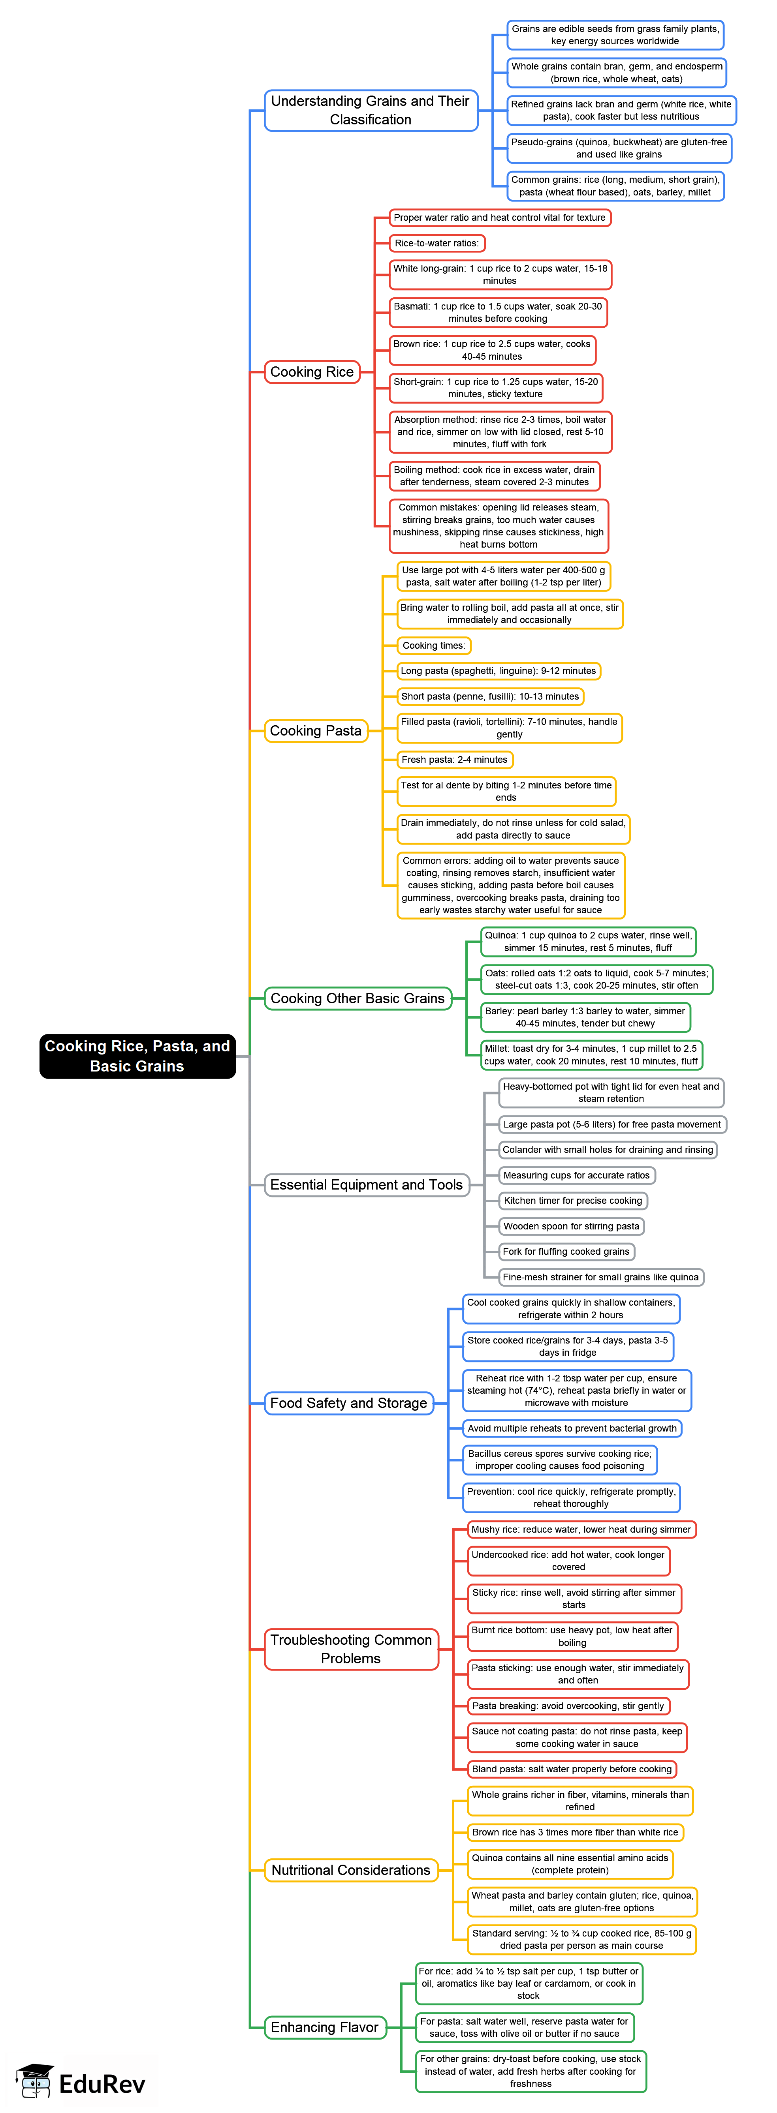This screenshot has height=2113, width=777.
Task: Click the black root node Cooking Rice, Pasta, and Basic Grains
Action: [137, 1056]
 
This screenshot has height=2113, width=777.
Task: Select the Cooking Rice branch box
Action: [312, 372]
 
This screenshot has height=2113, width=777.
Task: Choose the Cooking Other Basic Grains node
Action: [358, 998]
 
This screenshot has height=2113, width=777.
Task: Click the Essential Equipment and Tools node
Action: [367, 1184]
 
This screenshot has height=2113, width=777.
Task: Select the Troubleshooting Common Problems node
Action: [351, 1649]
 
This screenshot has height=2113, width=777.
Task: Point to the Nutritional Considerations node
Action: [351, 1870]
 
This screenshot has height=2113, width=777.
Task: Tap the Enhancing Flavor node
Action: [325, 2027]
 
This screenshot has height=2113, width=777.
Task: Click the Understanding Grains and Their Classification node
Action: [371, 110]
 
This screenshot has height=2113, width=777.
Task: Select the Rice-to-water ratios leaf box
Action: [436, 243]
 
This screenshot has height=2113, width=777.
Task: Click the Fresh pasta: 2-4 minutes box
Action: [455, 760]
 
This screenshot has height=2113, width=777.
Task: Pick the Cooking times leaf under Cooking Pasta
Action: [434, 646]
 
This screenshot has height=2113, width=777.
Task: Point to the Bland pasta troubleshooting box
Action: [572, 1769]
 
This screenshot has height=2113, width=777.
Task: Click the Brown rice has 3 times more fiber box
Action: [575, 1832]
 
